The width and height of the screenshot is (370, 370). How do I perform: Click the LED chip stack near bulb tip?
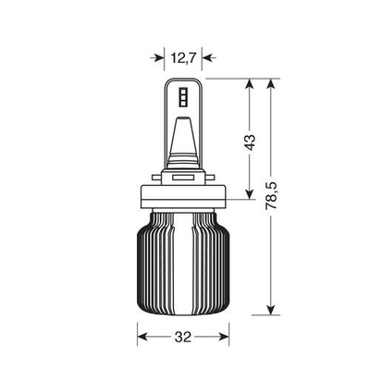[185, 97]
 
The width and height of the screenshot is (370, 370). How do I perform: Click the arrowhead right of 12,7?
[210, 57]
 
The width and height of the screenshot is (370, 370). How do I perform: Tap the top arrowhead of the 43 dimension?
[249, 86]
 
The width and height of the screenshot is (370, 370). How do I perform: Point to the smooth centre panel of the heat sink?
[185, 268]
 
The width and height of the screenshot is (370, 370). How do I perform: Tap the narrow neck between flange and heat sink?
[185, 218]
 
